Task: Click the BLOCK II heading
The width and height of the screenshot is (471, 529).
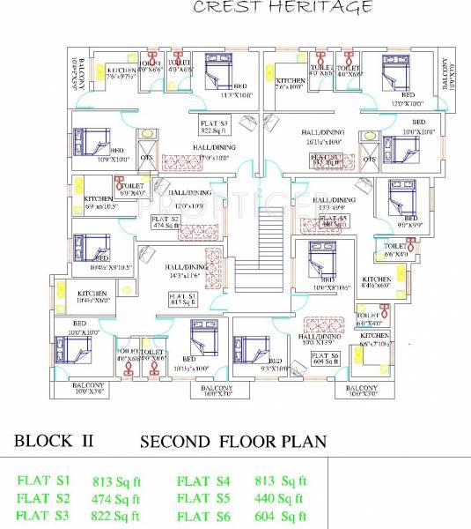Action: coord(55,441)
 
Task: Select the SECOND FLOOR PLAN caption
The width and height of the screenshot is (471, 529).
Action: coord(233,441)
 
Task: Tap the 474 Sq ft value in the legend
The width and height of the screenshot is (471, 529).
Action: coord(117,499)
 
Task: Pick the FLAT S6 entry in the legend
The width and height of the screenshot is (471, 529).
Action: coord(204,516)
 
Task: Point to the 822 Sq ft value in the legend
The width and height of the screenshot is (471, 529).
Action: coord(117,516)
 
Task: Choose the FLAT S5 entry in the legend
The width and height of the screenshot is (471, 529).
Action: coord(204,499)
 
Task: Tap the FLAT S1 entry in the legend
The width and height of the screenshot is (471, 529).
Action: coord(43,481)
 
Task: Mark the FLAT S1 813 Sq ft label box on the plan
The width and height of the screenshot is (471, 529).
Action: coord(182,300)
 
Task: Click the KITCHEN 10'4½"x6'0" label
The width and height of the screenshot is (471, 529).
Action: coord(93,296)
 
